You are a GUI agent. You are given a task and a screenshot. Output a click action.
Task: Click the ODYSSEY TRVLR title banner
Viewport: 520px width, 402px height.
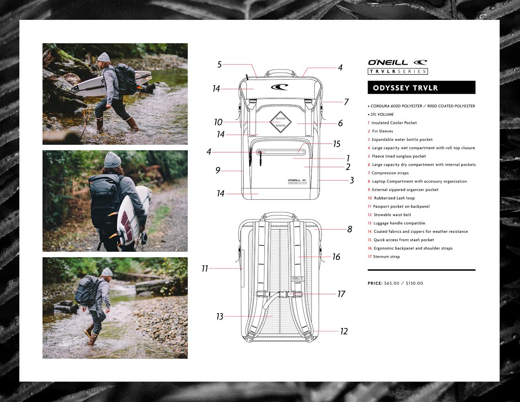(422, 88)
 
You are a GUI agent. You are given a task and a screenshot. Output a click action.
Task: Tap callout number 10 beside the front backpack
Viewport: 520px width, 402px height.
(218, 122)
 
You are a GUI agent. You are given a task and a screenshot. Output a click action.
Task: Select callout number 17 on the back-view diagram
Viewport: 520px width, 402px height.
(341, 294)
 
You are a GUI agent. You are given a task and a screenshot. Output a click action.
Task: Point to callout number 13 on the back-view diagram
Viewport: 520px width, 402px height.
(220, 317)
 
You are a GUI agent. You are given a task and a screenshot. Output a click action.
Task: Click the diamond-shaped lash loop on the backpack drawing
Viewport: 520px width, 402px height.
(280, 122)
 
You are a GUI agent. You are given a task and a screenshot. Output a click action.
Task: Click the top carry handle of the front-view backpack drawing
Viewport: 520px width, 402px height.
(280, 72)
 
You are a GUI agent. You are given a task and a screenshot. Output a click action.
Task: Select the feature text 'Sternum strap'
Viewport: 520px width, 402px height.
(386, 257)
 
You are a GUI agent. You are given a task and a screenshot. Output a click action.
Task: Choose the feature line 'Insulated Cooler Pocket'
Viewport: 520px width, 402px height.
(394, 123)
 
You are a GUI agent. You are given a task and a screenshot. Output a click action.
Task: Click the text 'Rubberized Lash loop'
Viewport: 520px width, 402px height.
(394, 198)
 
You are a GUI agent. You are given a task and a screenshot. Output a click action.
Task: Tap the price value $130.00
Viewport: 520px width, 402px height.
(414, 283)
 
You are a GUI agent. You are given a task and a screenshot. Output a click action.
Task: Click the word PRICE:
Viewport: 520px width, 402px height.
(375, 283)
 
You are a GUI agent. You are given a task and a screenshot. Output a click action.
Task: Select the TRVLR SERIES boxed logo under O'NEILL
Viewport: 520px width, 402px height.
(398, 71)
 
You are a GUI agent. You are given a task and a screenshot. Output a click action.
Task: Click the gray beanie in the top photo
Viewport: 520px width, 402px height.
(103, 57)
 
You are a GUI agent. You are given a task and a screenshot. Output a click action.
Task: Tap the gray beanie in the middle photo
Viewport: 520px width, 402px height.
(113, 160)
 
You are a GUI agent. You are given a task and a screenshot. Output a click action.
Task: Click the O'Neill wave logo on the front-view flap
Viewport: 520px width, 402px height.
(280, 87)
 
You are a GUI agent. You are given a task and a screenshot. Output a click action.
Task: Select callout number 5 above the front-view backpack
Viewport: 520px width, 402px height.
(219, 65)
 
